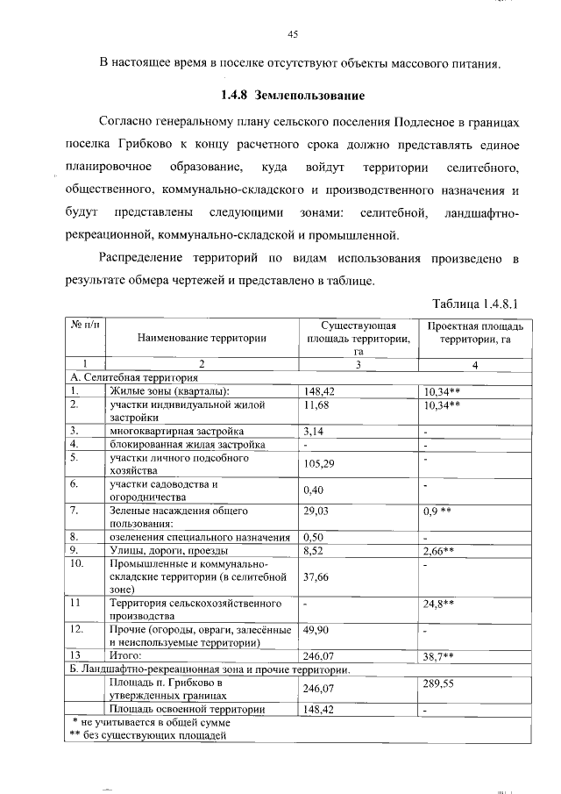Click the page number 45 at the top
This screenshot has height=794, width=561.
pos(293,35)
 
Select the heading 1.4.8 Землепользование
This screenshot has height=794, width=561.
pos(292,95)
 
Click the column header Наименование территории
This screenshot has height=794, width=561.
pos(201,338)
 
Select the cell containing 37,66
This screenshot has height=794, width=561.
pos(316,576)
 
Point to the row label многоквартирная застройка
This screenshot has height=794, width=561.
pos(176,431)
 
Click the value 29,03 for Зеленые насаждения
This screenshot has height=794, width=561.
pos(316,510)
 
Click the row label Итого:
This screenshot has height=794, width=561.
pos(124,655)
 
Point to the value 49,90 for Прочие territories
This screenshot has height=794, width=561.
pos(316,630)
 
